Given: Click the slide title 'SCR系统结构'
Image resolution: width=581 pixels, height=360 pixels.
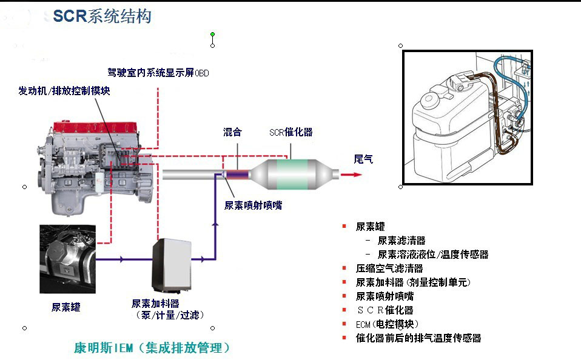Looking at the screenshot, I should click(101, 16).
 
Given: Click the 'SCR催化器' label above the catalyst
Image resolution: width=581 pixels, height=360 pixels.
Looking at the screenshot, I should click(290, 132).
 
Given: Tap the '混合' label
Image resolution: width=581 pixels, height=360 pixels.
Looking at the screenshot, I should click(232, 132).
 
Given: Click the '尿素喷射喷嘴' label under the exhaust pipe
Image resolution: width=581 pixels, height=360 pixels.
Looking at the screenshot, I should click(253, 205).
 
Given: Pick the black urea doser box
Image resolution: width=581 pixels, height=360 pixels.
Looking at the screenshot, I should click(171, 264).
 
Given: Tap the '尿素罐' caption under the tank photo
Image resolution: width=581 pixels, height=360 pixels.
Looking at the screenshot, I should click(65, 307).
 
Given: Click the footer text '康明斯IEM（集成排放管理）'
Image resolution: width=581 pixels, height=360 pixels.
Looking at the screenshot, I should click(152, 348).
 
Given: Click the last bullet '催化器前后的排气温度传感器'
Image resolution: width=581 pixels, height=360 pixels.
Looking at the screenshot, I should click(418, 338).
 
